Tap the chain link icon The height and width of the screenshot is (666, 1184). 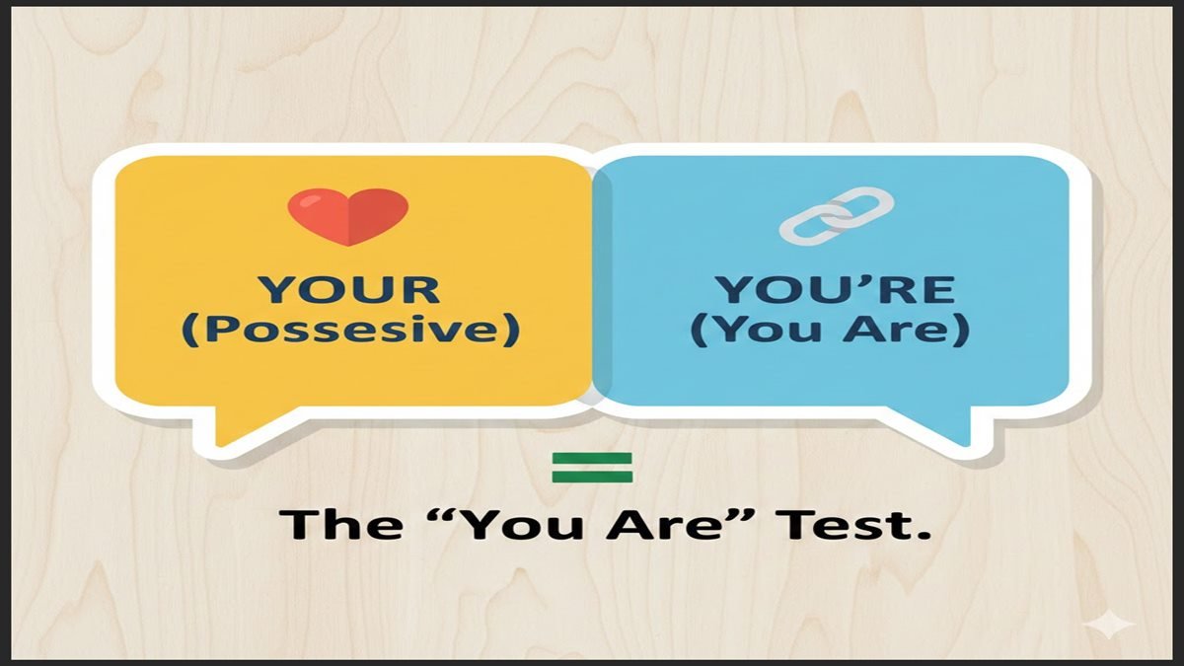click(x=836, y=216)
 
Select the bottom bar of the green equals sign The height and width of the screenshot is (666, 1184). click(x=592, y=478)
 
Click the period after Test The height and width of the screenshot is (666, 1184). click(x=925, y=537)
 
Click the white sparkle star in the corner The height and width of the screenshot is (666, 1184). click(x=1109, y=625)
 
